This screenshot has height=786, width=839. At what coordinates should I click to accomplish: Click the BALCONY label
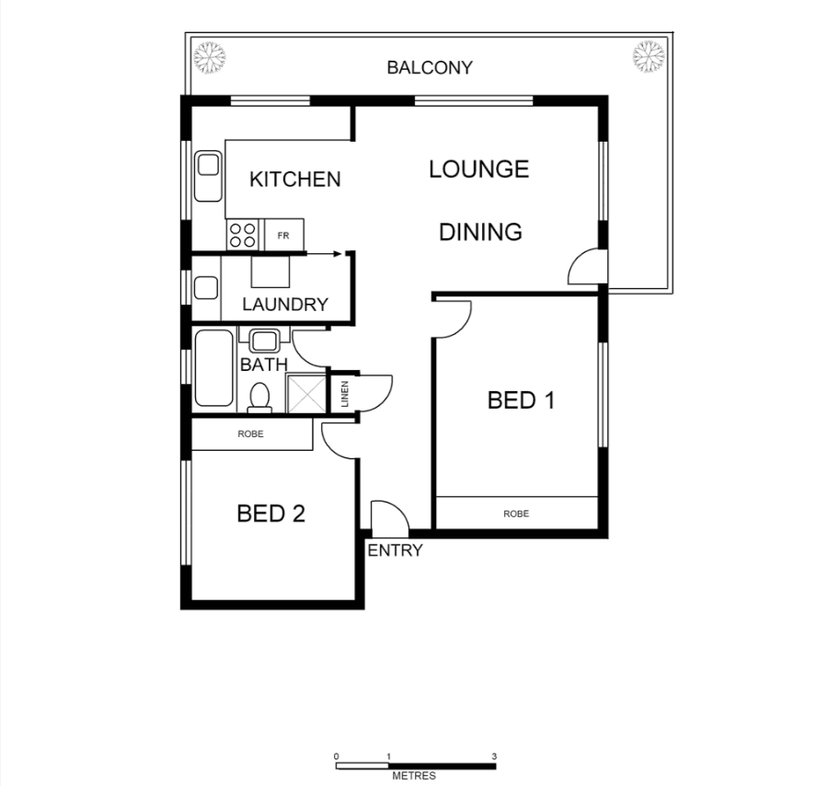pos(430,67)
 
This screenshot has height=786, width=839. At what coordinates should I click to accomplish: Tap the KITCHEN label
pos(294,179)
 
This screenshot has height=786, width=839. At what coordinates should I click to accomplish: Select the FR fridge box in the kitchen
pos(284,235)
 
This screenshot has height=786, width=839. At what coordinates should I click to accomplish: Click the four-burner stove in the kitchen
pos(242,235)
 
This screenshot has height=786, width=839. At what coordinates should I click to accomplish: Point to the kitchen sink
pos(208,176)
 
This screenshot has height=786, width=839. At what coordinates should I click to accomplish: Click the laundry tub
pos(206,288)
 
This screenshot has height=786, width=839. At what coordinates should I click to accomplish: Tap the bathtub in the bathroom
pos(214,368)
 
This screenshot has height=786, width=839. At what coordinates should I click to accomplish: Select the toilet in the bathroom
pos(260,398)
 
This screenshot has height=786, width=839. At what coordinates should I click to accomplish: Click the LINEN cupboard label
pos(345,394)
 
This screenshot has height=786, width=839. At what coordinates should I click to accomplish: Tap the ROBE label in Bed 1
pos(516,514)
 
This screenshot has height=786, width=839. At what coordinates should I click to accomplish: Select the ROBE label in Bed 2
pos(251,433)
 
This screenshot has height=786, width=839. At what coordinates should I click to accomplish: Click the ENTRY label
pos(395,550)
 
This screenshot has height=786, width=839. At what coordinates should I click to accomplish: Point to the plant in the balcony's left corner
pos(209,57)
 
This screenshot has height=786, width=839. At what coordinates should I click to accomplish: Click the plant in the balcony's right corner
pos(649,56)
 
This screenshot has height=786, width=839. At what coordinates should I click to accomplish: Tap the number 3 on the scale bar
pos(494,757)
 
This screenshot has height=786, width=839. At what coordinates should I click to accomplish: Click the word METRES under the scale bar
pos(414,775)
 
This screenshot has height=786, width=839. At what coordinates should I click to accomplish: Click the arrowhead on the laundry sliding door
pos(338,254)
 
